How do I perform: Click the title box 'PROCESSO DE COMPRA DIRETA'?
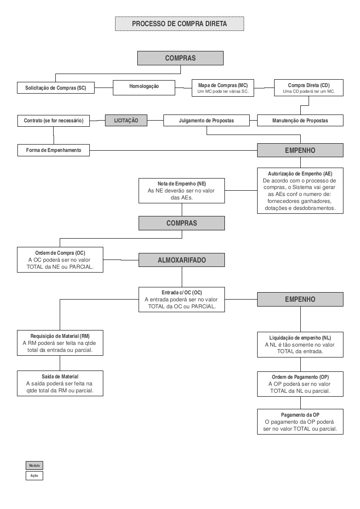point(180,24)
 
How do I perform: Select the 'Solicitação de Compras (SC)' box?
point(55,88)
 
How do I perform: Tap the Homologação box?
point(144,88)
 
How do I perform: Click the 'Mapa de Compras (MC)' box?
point(223,88)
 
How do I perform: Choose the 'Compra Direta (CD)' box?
point(309,88)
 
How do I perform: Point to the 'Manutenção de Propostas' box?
point(300,121)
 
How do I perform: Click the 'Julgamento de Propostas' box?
point(207,120)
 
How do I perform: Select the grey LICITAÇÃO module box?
point(126,120)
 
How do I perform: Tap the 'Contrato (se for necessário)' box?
point(54,121)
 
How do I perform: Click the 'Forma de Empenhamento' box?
point(54,150)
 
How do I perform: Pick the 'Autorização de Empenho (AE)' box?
point(300,191)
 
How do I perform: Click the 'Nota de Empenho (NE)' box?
point(182,191)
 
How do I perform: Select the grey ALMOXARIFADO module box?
point(182,260)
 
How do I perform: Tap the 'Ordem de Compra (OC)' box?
point(60,260)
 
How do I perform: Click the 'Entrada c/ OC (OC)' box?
point(182,299)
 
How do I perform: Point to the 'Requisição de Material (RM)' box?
point(60,343)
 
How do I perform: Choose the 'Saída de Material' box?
point(60,383)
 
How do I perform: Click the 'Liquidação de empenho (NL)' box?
point(300,345)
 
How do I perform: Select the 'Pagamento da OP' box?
point(300,421)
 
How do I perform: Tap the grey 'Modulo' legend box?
point(34,465)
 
